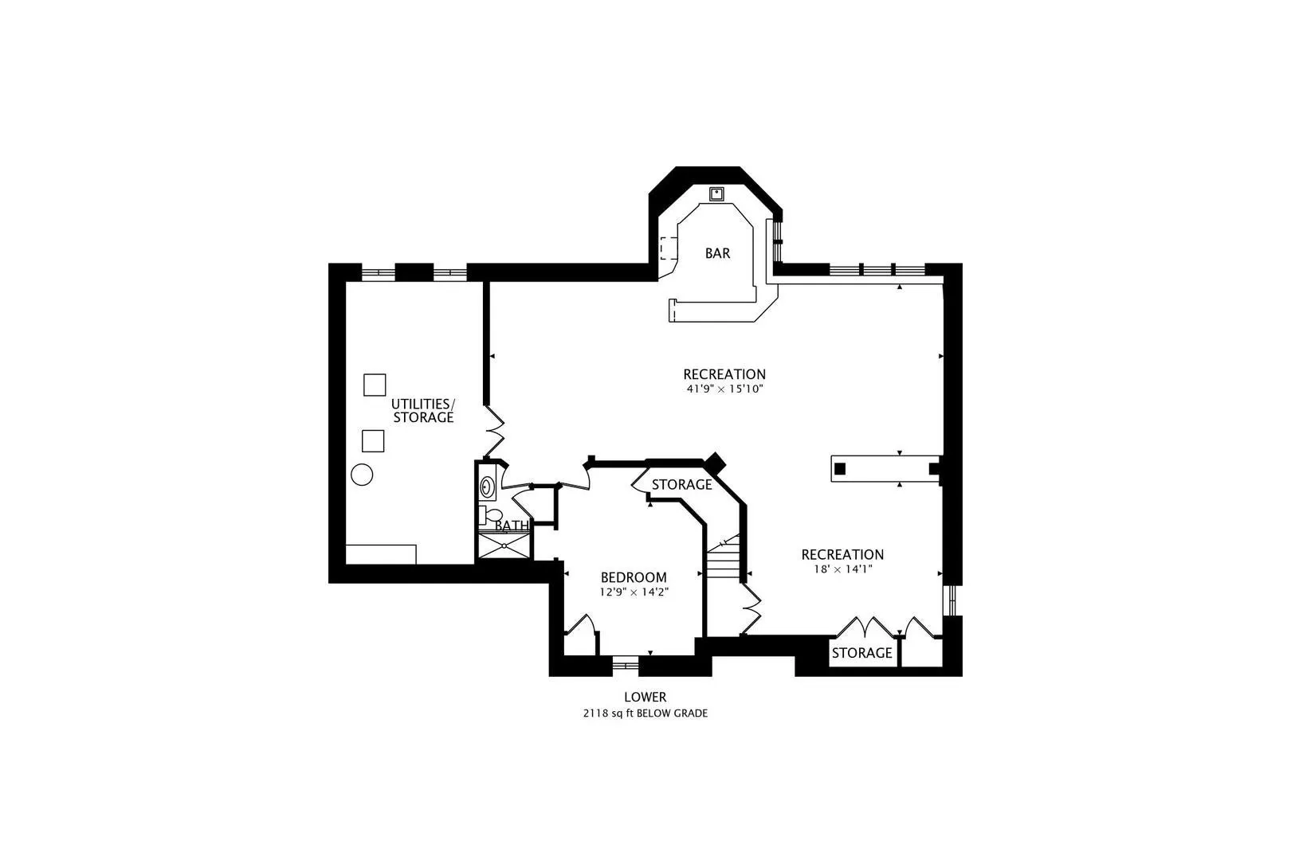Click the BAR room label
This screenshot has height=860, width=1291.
[x=717, y=253]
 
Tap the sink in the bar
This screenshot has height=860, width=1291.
[x=716, y=193]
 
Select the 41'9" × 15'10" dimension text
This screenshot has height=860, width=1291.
[x=724, y=389]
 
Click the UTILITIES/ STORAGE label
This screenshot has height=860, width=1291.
[x=423, y=410]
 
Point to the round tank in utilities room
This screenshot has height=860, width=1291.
[x=362, y=475]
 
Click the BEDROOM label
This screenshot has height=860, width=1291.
[x=634, y=577]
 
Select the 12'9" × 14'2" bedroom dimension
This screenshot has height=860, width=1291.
[x=634, y=592]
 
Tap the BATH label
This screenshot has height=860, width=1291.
[x=511, y=526]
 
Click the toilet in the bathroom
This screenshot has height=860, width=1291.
[x=490, y=515]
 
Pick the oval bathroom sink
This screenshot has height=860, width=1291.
[x=488, y=487]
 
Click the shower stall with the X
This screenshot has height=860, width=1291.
[x=504, y=545]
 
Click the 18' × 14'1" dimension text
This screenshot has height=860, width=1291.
[x=842, y=569]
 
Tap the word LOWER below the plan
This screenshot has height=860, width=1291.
[x=645, y=697]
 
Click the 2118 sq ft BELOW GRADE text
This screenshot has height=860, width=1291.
[x=645, y=713]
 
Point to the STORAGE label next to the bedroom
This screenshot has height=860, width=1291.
[x=682, y=484]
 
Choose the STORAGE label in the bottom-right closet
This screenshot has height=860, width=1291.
[x=861, y=653]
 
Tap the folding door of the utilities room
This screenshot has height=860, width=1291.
[x=494, y=432]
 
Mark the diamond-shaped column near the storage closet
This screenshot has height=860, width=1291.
[x=716, y=462]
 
